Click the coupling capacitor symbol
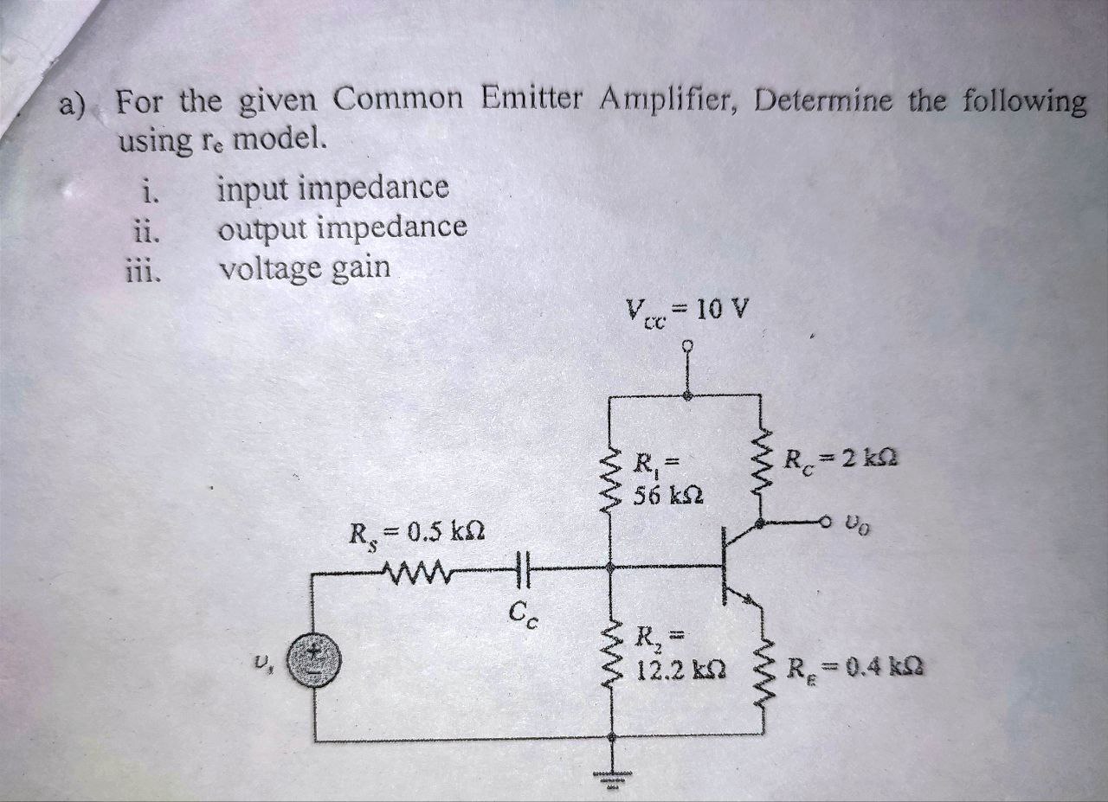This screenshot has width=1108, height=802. (521, 568)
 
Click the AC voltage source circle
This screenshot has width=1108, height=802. (313, 661)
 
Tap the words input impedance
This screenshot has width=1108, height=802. (333, 188)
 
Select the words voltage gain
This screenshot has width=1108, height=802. (304, 269)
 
